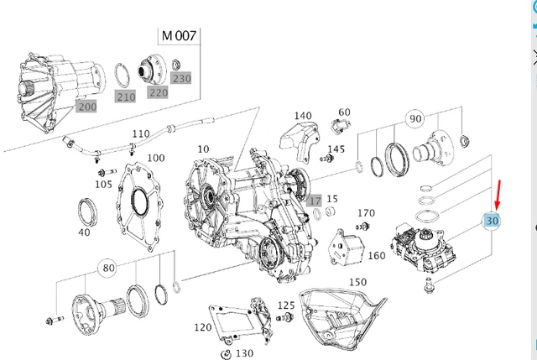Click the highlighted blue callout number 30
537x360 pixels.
pos(493,221)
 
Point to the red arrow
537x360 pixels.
pos(498,194)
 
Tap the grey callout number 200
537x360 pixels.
pos(86,107)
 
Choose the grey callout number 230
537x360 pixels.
pos(181,78)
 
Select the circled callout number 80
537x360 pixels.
pos(107,269)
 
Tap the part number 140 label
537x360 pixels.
pos(302,117)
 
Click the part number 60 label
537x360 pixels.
pos(344,112)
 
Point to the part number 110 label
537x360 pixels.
pos(141,134)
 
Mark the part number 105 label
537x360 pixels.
pos(103,184)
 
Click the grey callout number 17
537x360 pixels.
pos(314,201)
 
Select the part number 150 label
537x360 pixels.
pos(358,282)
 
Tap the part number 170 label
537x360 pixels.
pos(366,213)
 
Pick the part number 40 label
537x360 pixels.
pos(83,232)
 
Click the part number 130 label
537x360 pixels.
pos(245,353)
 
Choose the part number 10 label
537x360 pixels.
pos(202,149)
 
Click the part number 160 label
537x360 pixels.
pos(377,255)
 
